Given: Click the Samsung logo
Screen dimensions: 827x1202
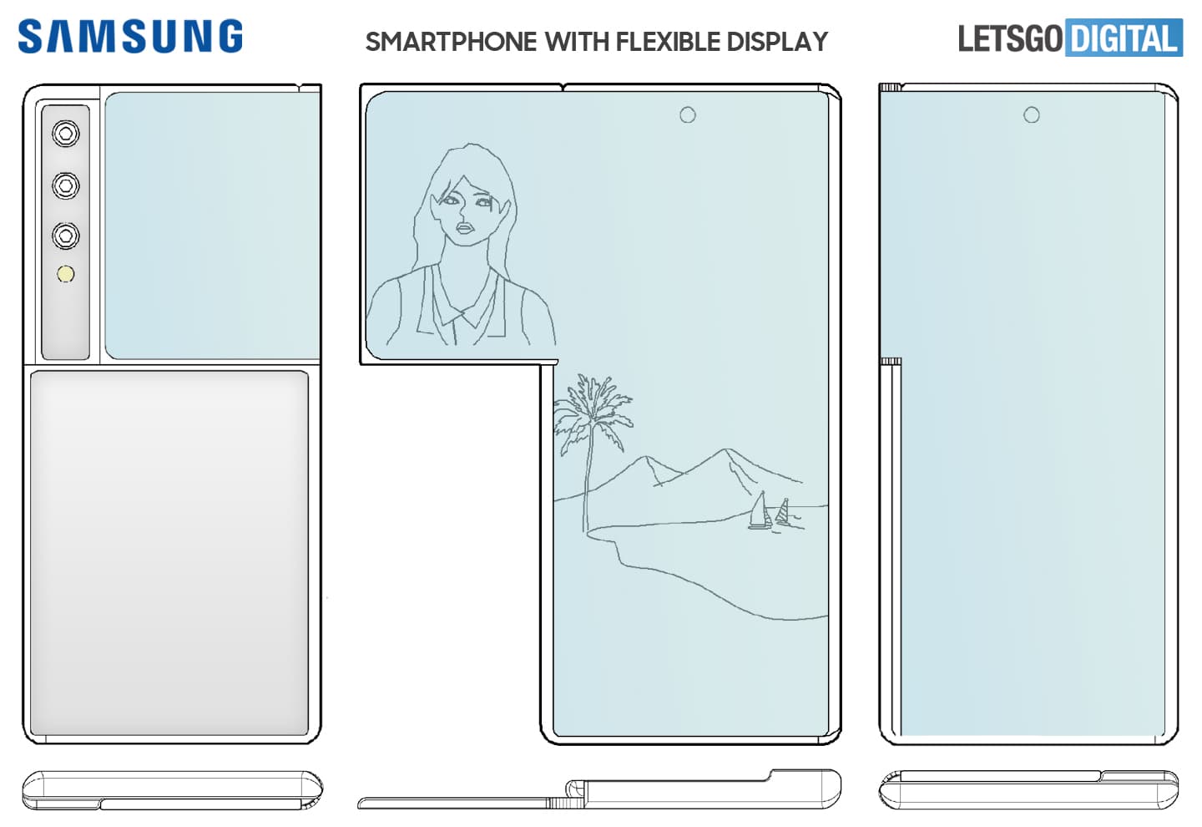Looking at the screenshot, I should (x=130, y=38).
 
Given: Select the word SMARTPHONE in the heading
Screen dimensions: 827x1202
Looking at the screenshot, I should (x=451, y=42).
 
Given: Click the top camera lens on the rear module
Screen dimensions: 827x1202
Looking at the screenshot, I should (x=66, y=134).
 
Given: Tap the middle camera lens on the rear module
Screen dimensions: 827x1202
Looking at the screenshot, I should (x=66, y=185).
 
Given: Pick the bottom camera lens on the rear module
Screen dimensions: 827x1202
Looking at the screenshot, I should (x=66, y=236).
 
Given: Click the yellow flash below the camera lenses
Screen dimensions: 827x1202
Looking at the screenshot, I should (x=66, y=274).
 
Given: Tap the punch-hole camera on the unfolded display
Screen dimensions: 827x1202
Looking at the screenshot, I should (x=687, y=114).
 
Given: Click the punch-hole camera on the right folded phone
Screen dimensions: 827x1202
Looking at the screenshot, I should (x=1032, y=114).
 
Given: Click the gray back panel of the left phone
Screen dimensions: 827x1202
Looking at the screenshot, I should (x=169, y=551).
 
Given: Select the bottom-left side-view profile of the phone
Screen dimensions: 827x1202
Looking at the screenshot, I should (x=171, y=790).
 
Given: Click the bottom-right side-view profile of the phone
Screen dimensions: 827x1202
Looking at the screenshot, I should (x=1028, y=789).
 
